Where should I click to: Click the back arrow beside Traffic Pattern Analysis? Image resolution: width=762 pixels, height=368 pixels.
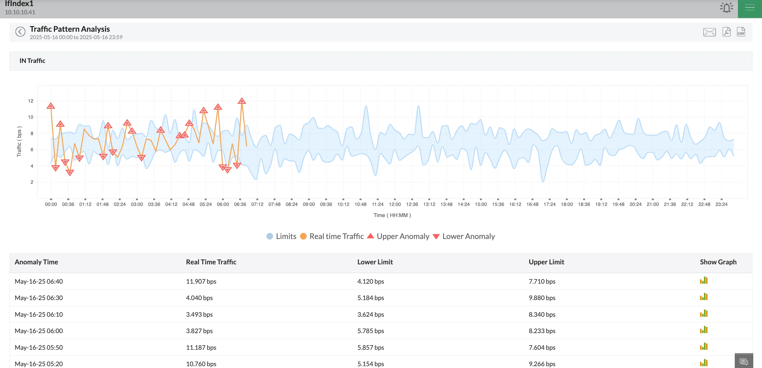coord(20,32)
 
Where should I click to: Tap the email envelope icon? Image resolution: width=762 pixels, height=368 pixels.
coord(709,32)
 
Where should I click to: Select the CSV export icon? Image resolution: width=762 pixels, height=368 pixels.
coord(741,32)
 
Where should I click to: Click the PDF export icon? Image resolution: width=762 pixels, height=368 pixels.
coord(726,32)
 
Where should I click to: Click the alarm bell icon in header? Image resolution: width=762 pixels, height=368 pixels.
coord(726,7)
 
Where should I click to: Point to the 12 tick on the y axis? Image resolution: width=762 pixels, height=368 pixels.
coord(31,101)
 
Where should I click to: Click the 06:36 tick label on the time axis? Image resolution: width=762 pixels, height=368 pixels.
coord(240,204)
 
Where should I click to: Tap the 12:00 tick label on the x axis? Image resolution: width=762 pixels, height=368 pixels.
coord(394,204)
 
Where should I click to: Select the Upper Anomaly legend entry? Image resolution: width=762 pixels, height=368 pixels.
coord(398,236)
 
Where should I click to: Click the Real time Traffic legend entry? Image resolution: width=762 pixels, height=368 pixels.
coord(332,236)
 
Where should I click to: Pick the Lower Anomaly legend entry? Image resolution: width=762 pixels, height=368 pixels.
coord(464,236)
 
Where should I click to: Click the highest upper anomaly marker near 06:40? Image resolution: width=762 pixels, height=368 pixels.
coord(242,101)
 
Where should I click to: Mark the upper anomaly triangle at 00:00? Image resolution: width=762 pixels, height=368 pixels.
coord(51,106)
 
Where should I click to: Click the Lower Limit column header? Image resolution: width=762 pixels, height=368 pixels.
coord(375,262)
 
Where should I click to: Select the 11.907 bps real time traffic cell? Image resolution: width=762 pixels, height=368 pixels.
coord(201,281)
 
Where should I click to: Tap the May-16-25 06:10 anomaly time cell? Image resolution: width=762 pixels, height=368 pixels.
coord(39,315)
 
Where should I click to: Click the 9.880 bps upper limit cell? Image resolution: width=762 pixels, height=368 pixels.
coord(542,298)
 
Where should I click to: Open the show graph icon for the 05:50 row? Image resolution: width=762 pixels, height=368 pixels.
coord(704,346)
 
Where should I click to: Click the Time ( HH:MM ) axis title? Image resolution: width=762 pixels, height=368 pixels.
coord(392,215)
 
